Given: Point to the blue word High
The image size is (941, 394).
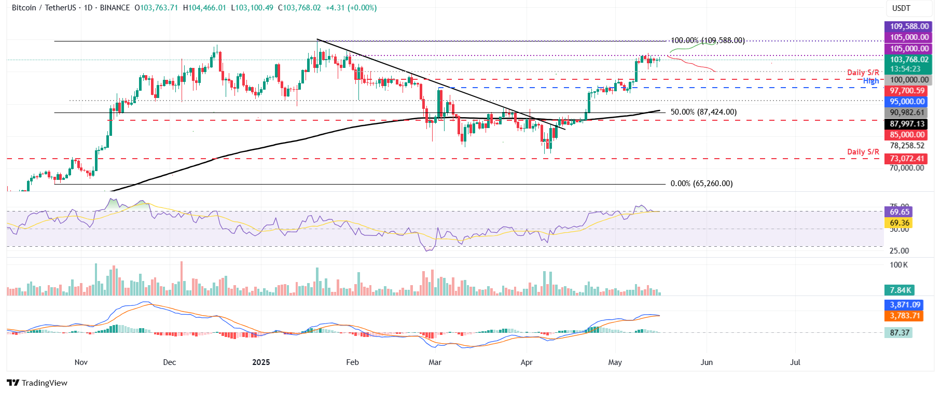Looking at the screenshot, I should click(871, 81).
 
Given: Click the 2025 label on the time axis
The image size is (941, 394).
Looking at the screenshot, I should click(261, 362).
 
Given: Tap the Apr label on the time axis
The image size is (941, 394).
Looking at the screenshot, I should click(527, 362).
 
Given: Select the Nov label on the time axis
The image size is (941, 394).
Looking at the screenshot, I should click(81, 362).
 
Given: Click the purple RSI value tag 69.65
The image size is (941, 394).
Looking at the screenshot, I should click(899, 212).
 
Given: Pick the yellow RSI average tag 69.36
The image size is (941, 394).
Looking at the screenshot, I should click(899, 223).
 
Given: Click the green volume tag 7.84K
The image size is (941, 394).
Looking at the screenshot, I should click(899, 290).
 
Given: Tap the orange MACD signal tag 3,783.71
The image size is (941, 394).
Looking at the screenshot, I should click(904, 316).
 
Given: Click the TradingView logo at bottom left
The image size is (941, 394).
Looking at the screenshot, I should click(37, 383).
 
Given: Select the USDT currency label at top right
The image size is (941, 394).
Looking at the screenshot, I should click(901, 8).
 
